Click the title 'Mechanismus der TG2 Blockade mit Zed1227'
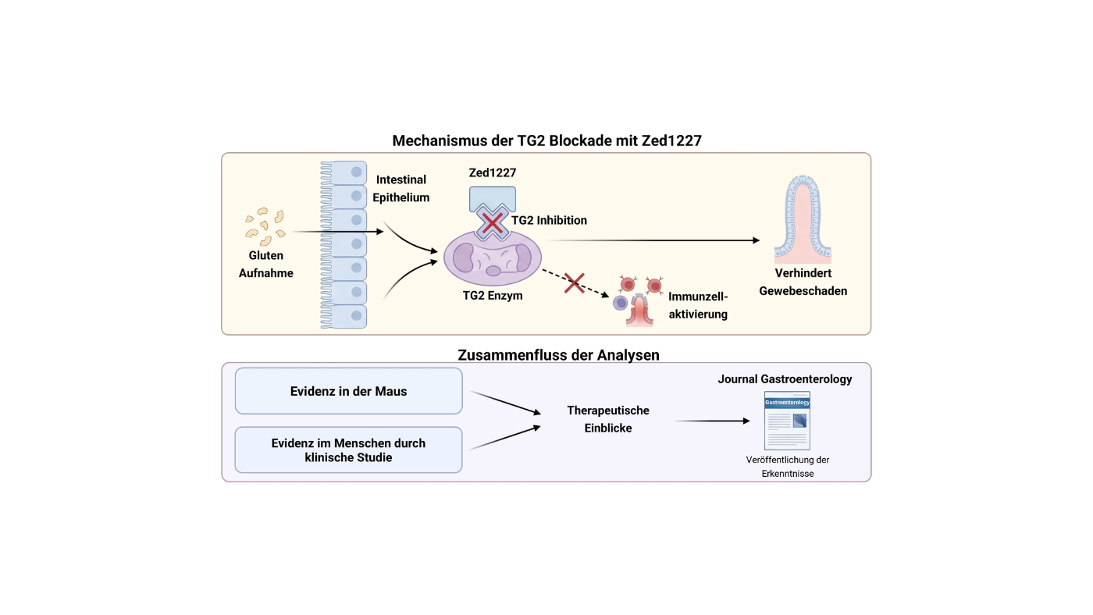(546, 140)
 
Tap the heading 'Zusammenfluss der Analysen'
(558, 354)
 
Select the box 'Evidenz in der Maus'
(348, 391)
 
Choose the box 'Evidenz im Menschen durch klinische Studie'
(348, 450)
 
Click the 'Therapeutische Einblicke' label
(608, 419)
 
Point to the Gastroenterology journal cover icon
(787, 421)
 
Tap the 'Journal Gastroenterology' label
(785, 379)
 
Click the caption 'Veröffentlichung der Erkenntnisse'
(788, 467)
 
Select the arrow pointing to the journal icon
(712, 421)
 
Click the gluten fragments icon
(265, 227)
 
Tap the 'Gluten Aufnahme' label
(266, 264)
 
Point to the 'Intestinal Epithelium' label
(401, 188)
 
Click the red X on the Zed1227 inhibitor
(492, 224)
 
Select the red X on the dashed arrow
(575, 283)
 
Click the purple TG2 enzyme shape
(493, 258)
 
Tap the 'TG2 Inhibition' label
(549, 220)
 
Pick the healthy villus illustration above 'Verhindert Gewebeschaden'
(803, 219)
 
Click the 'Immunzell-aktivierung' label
(698, 305)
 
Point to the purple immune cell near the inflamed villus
(620, 303)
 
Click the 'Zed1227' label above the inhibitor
(493, 172)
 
